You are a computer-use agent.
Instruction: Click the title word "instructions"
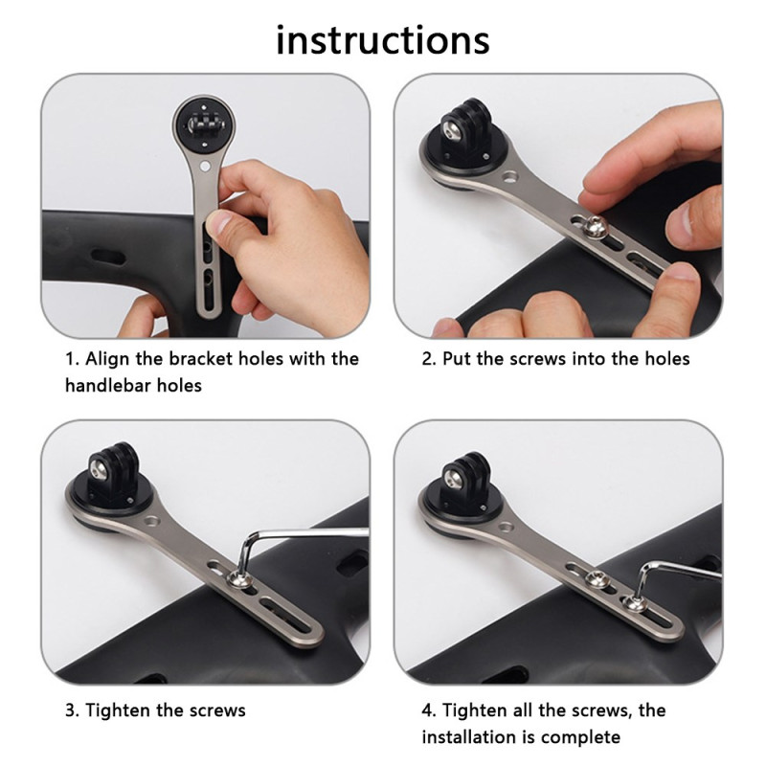click(382, 40)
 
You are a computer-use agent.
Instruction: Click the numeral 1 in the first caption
click(70, 359)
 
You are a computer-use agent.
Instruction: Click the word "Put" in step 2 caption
click(458, 358)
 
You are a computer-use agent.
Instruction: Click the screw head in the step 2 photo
click(597, 227)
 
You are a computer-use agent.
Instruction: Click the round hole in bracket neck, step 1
click(205, 166)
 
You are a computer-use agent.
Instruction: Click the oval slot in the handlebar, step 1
click(107, 256)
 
